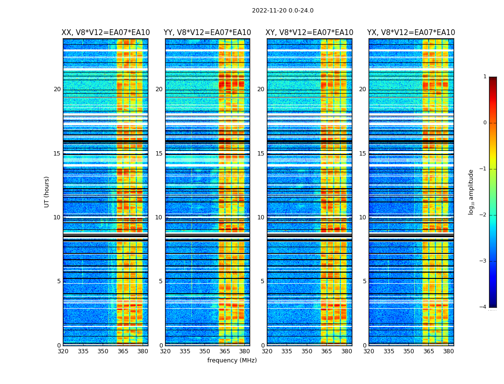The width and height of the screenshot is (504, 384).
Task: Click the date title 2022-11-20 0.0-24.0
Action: (x=283, y=11)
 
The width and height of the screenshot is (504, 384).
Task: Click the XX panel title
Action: (x=106, y=33)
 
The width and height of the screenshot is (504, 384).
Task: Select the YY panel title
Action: (x=207, y=33)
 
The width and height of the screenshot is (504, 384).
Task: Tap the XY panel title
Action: (x=310, y=33)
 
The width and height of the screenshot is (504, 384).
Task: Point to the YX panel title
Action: (x=411, y=33)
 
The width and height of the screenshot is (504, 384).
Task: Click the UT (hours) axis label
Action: (x=47, y=192)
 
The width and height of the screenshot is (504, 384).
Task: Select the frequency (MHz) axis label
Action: (x=232, y=360)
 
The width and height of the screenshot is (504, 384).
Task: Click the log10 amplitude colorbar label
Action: (x=471, y=192)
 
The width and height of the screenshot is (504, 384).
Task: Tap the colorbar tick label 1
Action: (x=485, y=77)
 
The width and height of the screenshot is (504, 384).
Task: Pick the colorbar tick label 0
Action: (x=485, y=123)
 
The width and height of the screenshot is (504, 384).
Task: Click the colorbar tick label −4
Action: (x=483, y=307)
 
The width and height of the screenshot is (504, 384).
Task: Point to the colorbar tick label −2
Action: (x=483, y=215)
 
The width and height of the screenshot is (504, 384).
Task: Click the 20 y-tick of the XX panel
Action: (x=57, y=89)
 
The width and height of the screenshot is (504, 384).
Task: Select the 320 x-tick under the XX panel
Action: (x=63, y=351)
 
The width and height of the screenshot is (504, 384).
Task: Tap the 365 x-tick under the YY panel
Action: (x=225, y=351)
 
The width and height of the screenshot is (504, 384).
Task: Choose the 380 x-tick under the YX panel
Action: (x=448, y=351)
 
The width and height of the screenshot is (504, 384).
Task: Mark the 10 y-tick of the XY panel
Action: (x=260, y=217)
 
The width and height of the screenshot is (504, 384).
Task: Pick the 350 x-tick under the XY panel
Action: (x=307, y=351)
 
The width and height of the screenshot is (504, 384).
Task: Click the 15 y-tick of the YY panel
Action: (x=158, y=154)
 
